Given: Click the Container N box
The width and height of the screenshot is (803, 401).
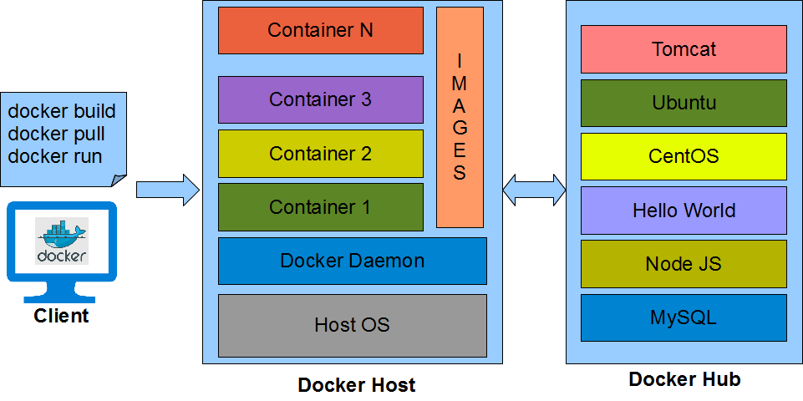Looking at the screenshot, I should click(x=320, y=31).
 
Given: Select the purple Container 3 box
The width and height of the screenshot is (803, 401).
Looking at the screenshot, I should click(x=320, y=99).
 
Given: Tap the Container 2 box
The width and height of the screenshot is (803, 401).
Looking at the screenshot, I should click(x=320, y=154).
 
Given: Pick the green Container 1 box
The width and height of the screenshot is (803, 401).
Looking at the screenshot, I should click(x=320, y=207).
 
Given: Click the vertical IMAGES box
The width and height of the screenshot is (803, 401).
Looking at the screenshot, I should click(x=460, y=117).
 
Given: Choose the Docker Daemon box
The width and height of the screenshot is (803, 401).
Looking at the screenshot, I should click(x=352, y=261).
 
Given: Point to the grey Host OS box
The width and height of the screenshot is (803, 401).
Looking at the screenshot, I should click(x=352, y=325).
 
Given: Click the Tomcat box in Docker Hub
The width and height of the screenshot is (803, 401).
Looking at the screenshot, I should click(x=684, y=49).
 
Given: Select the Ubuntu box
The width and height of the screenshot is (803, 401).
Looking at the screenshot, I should click(x=684, y=103).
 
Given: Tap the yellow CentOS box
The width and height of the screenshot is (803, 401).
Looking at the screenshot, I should click(x=684, y=156).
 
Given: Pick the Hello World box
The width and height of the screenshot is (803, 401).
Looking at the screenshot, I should click(x=684, y=211).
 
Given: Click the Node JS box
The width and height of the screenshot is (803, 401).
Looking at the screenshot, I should click(x=684, y=264).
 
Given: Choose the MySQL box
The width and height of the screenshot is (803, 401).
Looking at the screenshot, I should click(x=684, y=317).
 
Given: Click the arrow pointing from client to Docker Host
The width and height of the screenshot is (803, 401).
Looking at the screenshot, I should click(x=168, y=190).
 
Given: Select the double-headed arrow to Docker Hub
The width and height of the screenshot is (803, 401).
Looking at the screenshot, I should click(x=534, y=190).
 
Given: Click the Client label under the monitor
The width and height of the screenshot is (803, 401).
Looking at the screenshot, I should click(x=61, y=316).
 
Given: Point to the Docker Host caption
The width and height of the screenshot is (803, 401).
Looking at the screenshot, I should click(x=356, y=385).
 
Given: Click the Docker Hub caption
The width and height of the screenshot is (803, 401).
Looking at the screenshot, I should click(x=684, y=379).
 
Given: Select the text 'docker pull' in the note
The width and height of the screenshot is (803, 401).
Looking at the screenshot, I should click(x=56, y=134).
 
